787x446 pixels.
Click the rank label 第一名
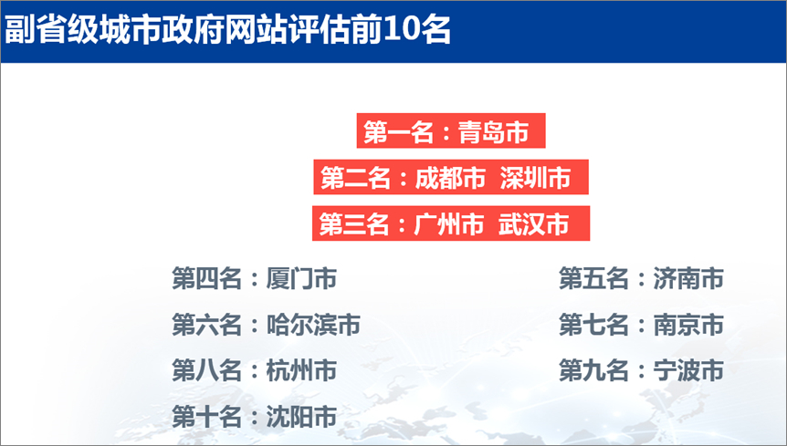(x=397, y=132)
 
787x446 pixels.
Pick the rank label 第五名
(x=593, y=278)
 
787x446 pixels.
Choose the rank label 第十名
(x=206, y=417)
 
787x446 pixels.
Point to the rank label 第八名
(x=206, y=370)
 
